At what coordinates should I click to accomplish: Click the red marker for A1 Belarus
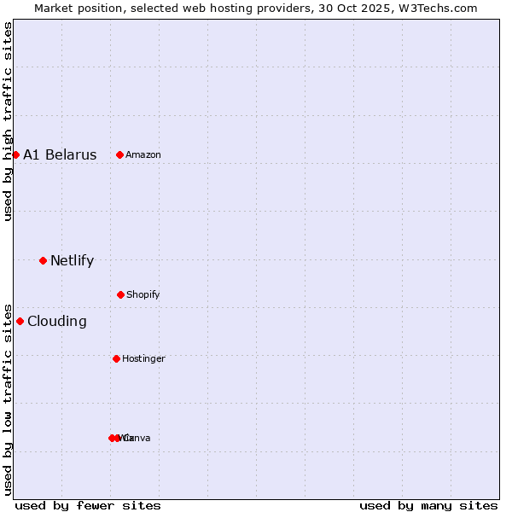coord(15,154)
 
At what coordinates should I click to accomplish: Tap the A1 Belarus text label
coord(60,154)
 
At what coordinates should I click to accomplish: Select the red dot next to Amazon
coord(120,154)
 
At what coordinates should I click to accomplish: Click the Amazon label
coord(143,154)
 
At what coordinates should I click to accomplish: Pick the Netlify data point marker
coord(43,260)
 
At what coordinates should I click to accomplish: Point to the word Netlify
coord(72,261)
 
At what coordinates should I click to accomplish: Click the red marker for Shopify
coord(120,294)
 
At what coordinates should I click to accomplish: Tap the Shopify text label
coord(143,294)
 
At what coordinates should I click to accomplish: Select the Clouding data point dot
coord(20,321)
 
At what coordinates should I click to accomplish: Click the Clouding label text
coord(57,322)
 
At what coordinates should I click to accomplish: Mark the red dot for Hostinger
coord(116,358)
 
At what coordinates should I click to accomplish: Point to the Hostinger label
coord(143,358)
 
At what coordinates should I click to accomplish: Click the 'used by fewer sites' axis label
coord(88,505)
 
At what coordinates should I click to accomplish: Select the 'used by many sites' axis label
coord(428,505)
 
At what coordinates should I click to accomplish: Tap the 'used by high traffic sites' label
coord(9,121)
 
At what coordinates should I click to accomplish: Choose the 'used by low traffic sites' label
coord(9,399)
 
